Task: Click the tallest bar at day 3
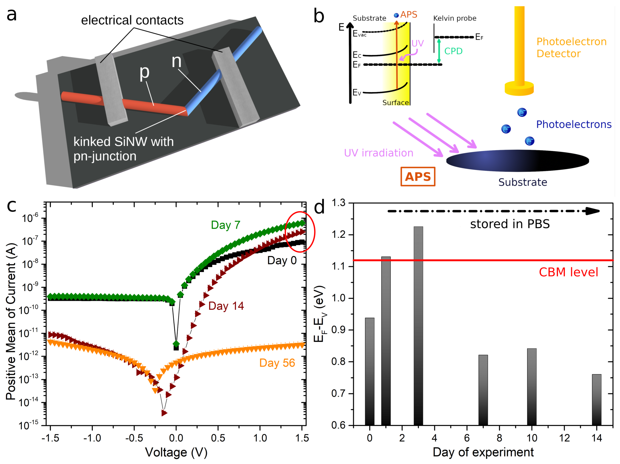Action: tap(418, 325)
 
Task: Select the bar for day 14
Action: tap(596, 400)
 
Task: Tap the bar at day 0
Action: tap(369, 372)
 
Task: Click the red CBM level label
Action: tap(568, 272)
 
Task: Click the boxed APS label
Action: tap(418, 177)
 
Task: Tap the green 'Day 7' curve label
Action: tap(226, 225)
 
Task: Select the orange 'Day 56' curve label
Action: tap(277, 363)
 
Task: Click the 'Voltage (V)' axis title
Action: tap(176, 452)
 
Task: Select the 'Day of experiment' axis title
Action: tap(483, 452)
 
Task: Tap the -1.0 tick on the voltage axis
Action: tap(92, 438)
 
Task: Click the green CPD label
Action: tap(453, 51)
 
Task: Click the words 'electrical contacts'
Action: tap(132, 20)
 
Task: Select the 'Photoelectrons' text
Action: tap(573, 124)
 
